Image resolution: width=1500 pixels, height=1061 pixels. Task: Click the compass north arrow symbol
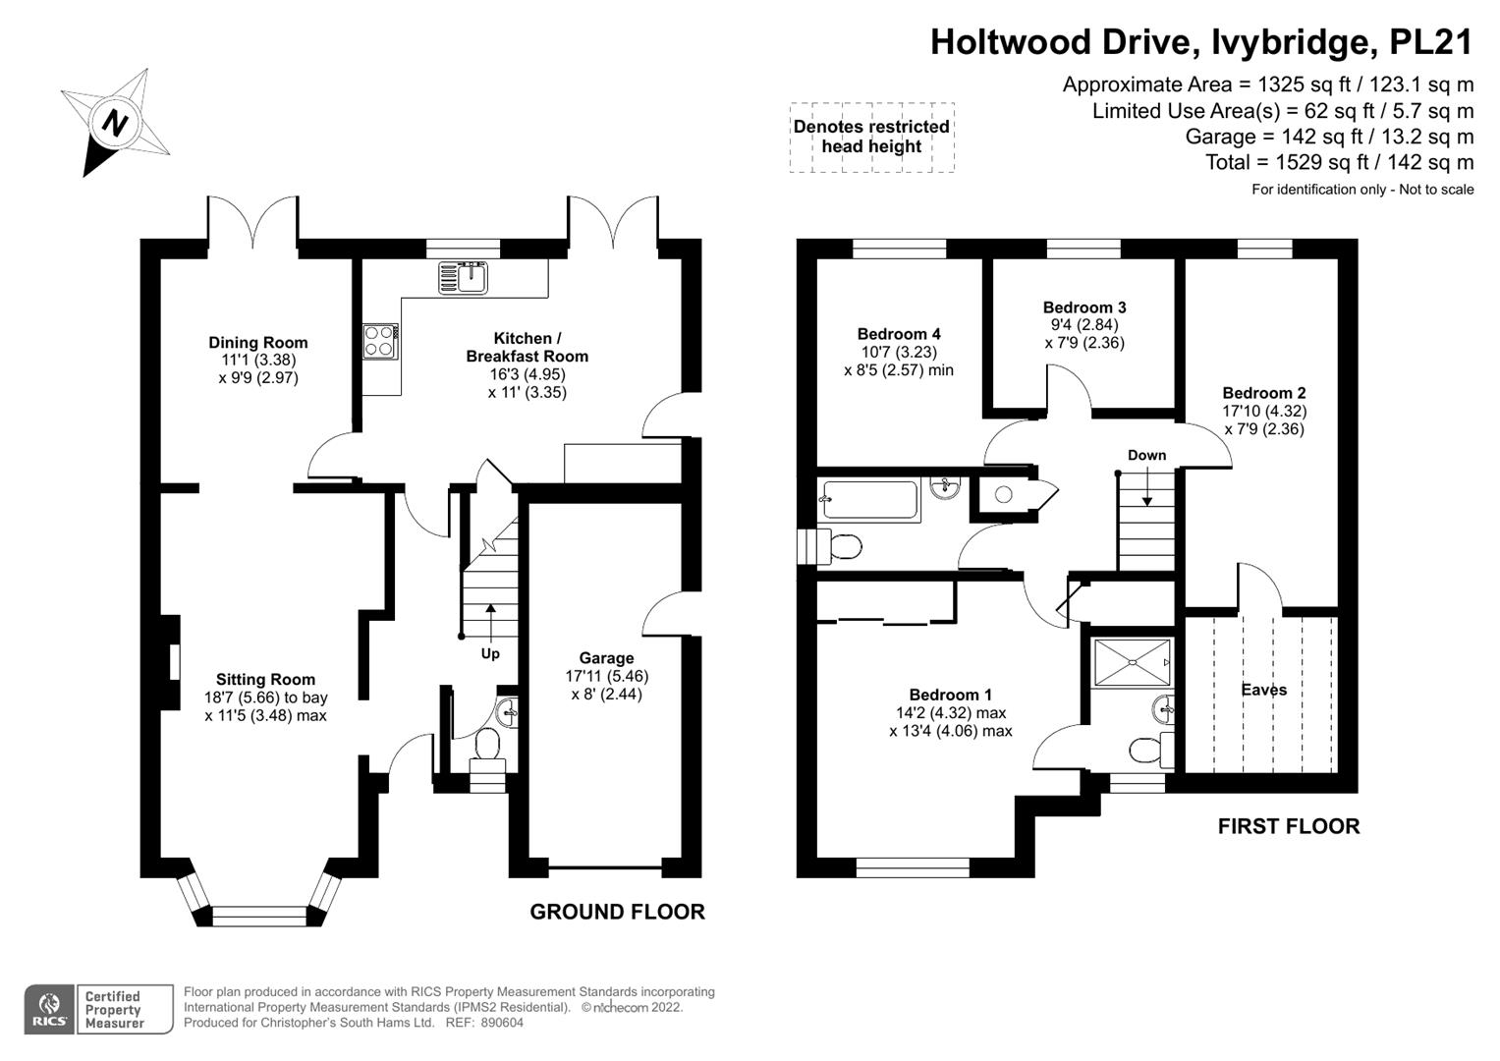pyautogui.click(x=116, y=123)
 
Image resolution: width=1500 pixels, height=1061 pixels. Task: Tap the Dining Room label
pyautogui.click(x=257, y=343)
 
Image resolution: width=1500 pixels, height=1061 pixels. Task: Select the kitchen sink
pyautogui.click(x=463, y=277)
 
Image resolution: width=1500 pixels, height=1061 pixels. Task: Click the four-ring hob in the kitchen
pyautogui.click(x=380, y=341)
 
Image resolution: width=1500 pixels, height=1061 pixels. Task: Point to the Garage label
pyautogui.click(x=606, y=658)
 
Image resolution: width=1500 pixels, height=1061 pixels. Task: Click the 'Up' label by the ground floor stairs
pyautogui.click(x=489, y=653)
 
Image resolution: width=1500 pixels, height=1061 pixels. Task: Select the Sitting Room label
pyautogui.click(x=265, y=680)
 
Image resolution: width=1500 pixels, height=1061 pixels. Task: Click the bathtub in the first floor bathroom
pyautogui.click(x=869, y=500)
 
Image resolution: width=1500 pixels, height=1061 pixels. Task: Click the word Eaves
pyautogui.click(x=1263, y=690)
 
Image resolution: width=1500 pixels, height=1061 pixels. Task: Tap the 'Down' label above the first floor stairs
pyautogui.click(x=1146, y=455)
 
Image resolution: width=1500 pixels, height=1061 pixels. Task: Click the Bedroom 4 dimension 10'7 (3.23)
pyautogui.click(x=898, y=352)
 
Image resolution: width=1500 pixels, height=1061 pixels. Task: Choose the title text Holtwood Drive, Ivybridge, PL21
pyautogui.click(x=1201, y=42)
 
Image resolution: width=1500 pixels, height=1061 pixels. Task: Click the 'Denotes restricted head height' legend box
pyautogui.click(x=871, y=138)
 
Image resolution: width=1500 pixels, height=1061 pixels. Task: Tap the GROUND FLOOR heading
pyautogui.click(x=617, y=912)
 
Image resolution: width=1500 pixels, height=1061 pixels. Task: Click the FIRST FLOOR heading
pyautogui.click(x=1288, y=826)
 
